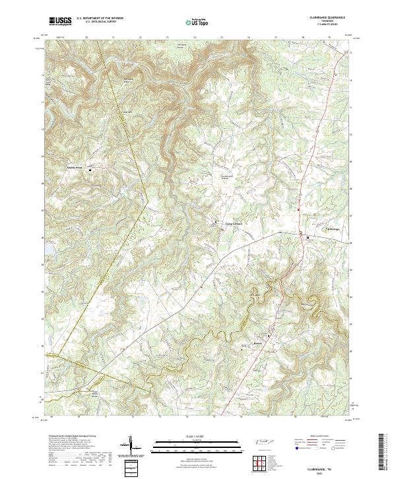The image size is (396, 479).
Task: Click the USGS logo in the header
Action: pos(60,21)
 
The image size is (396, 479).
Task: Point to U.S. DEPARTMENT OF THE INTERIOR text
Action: pos(100,18)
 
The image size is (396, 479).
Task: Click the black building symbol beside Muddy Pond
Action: pos(90,170)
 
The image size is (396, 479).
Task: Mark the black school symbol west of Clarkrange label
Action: pos(307,235)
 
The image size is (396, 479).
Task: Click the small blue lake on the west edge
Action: pos(46,247)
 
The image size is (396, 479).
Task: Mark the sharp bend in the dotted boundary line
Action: pos(149,197)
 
